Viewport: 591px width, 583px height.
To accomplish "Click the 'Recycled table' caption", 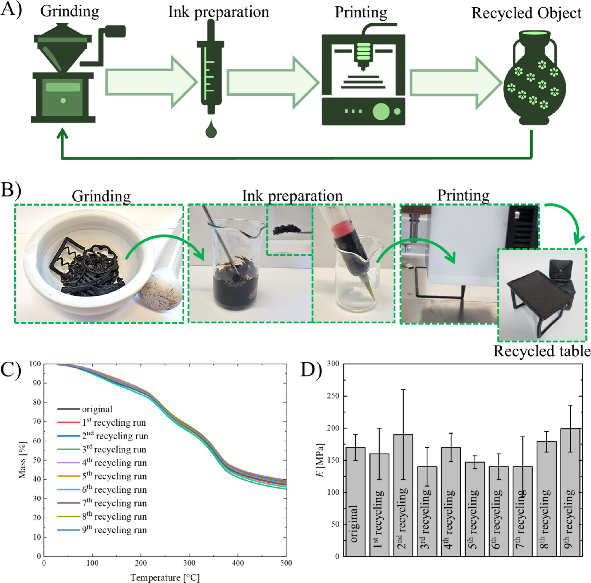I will coord(542,351).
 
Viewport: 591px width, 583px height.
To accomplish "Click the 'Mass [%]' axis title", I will coord(22,460).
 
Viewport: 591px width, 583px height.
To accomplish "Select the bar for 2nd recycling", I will coord(403,495).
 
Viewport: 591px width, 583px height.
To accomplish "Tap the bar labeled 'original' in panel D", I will coord(355,502).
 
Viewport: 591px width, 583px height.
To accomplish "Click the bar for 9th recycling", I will coord(570,492).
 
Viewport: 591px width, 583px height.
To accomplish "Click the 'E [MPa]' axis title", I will coord(321,460).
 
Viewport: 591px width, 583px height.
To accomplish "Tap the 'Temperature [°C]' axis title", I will coord(165,577).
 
